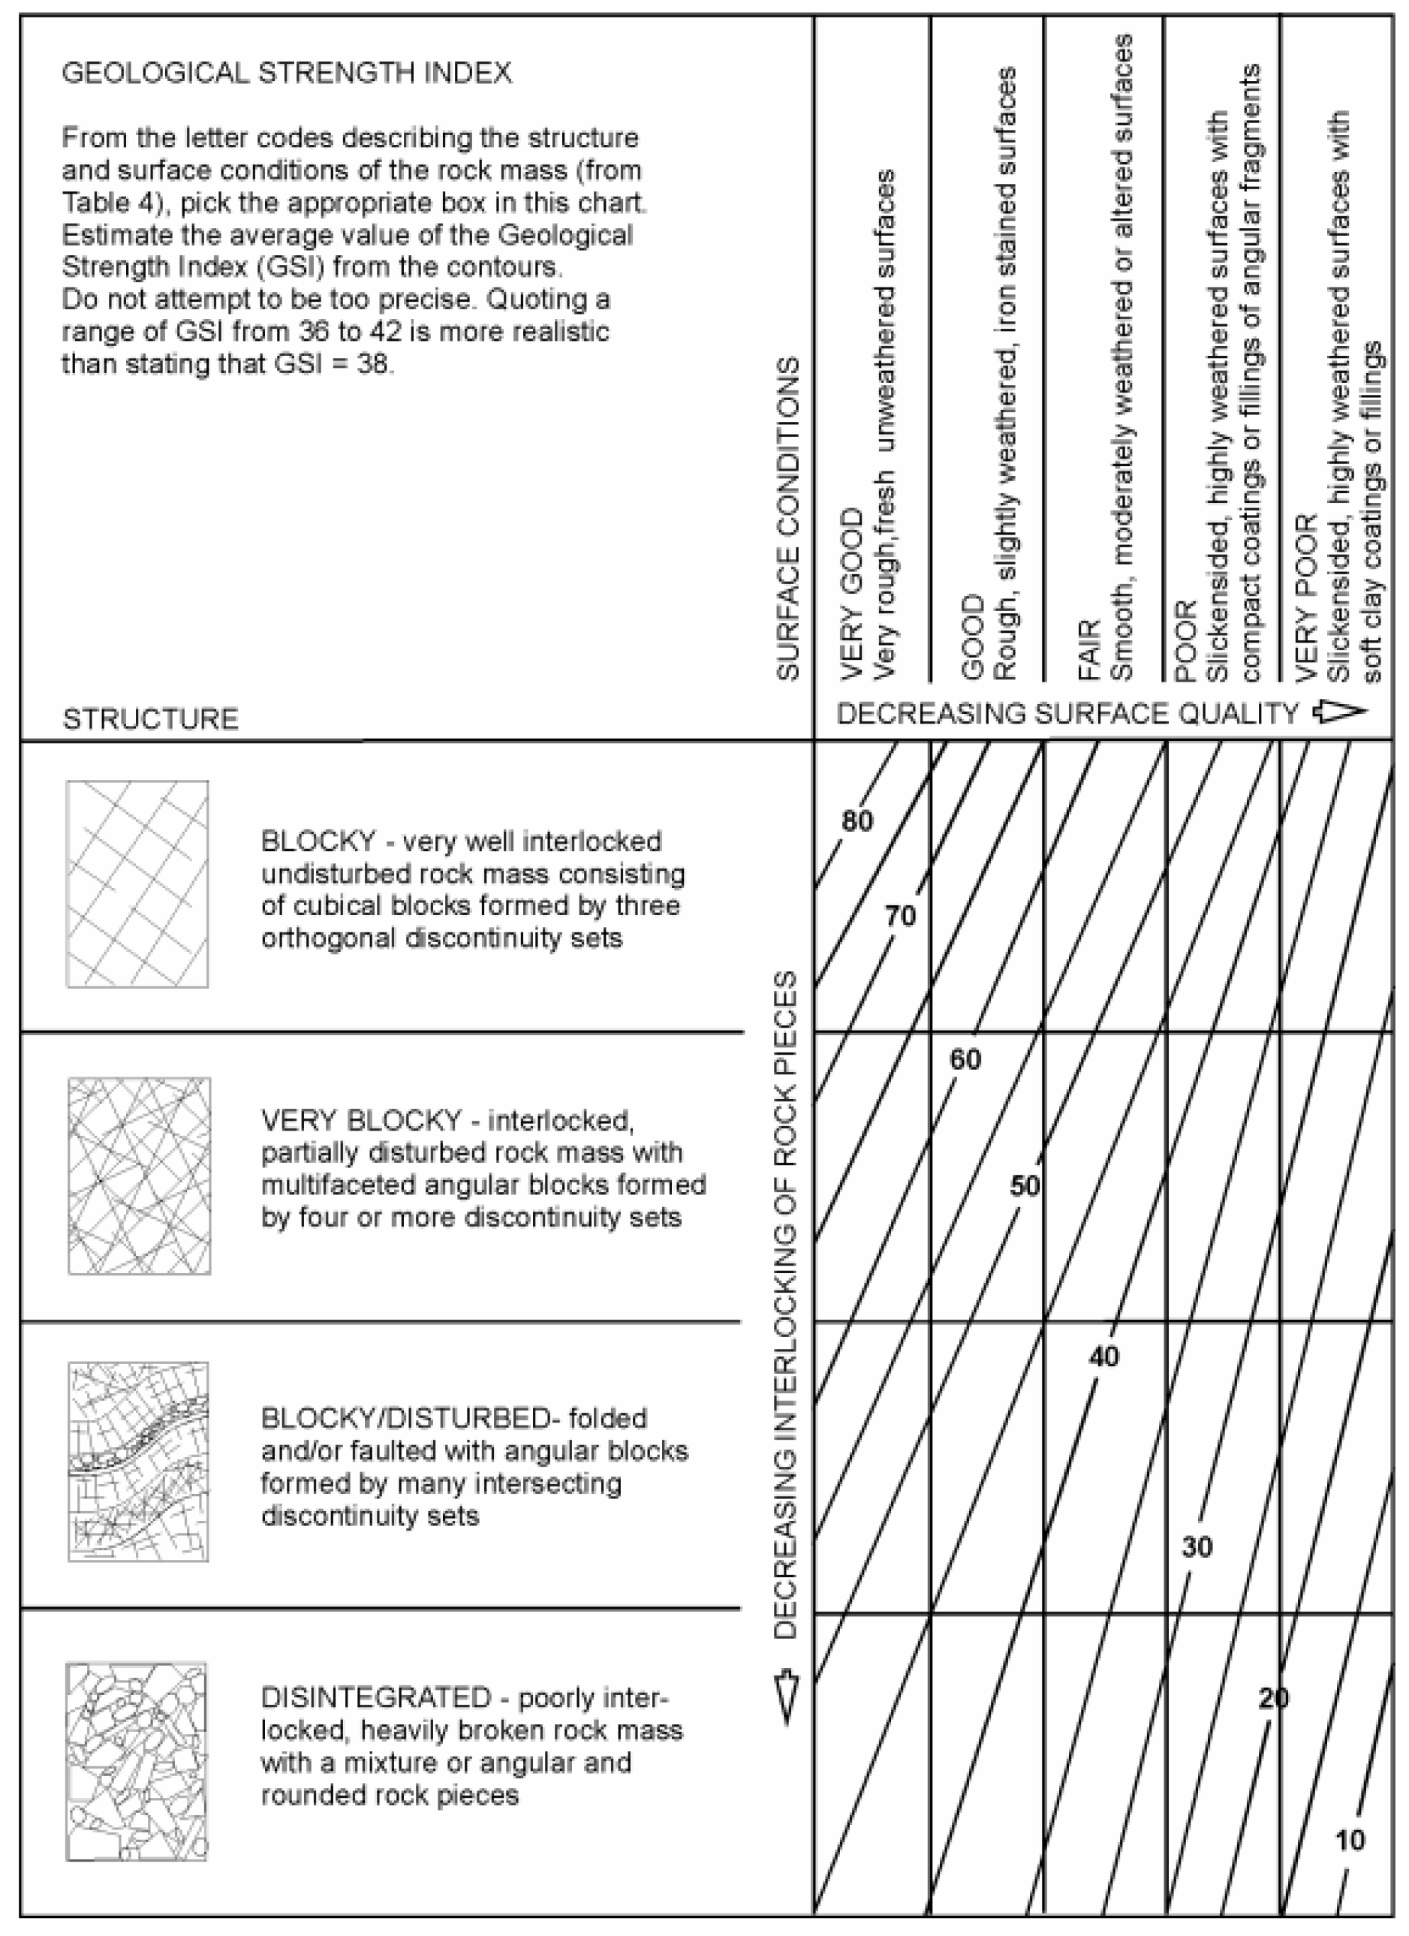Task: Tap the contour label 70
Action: (x=899, y=916)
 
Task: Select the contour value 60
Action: (x=965, y=1059)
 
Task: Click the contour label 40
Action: (x=1103, y=1356)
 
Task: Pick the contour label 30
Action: (x=1197, y=1546)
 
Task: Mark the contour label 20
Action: (x=1273, y=1699)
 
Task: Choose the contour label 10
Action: (x=1349, y=1841)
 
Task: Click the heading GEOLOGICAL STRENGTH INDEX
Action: (x=287, y=74)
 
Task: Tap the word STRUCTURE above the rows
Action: (x=151, y=720)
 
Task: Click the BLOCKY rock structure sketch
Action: (x=137, y=884)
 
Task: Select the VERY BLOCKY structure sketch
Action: (x=139, y=1176)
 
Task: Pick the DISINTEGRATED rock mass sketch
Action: (x=137, y=1761)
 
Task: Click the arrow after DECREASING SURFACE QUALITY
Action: (x=1341, y=712)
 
